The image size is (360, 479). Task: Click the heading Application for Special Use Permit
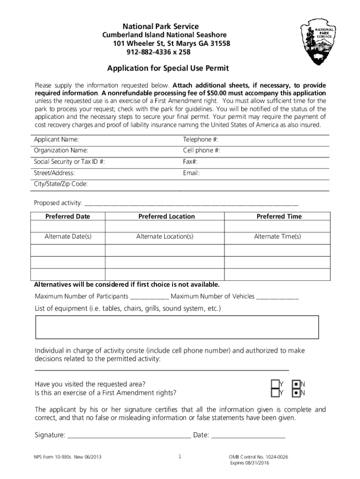(168, 69)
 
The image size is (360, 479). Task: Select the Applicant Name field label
(56, 140)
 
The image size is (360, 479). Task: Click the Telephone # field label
(201, 140)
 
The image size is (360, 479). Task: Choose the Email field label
(191, 173)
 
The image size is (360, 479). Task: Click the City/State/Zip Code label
(61, 184)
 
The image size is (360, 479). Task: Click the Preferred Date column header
(68, 217)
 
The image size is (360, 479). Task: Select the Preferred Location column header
(166, 217)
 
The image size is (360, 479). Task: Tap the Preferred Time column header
(279, 217)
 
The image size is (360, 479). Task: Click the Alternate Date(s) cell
(68, 237)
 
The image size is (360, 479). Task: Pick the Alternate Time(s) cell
(277, 237)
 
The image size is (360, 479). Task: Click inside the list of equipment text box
(177, 327)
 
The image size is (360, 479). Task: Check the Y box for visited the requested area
(274, 384)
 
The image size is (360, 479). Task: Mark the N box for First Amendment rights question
(296, 393)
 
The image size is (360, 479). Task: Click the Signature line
(129, 435)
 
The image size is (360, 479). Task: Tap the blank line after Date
(248, 435)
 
